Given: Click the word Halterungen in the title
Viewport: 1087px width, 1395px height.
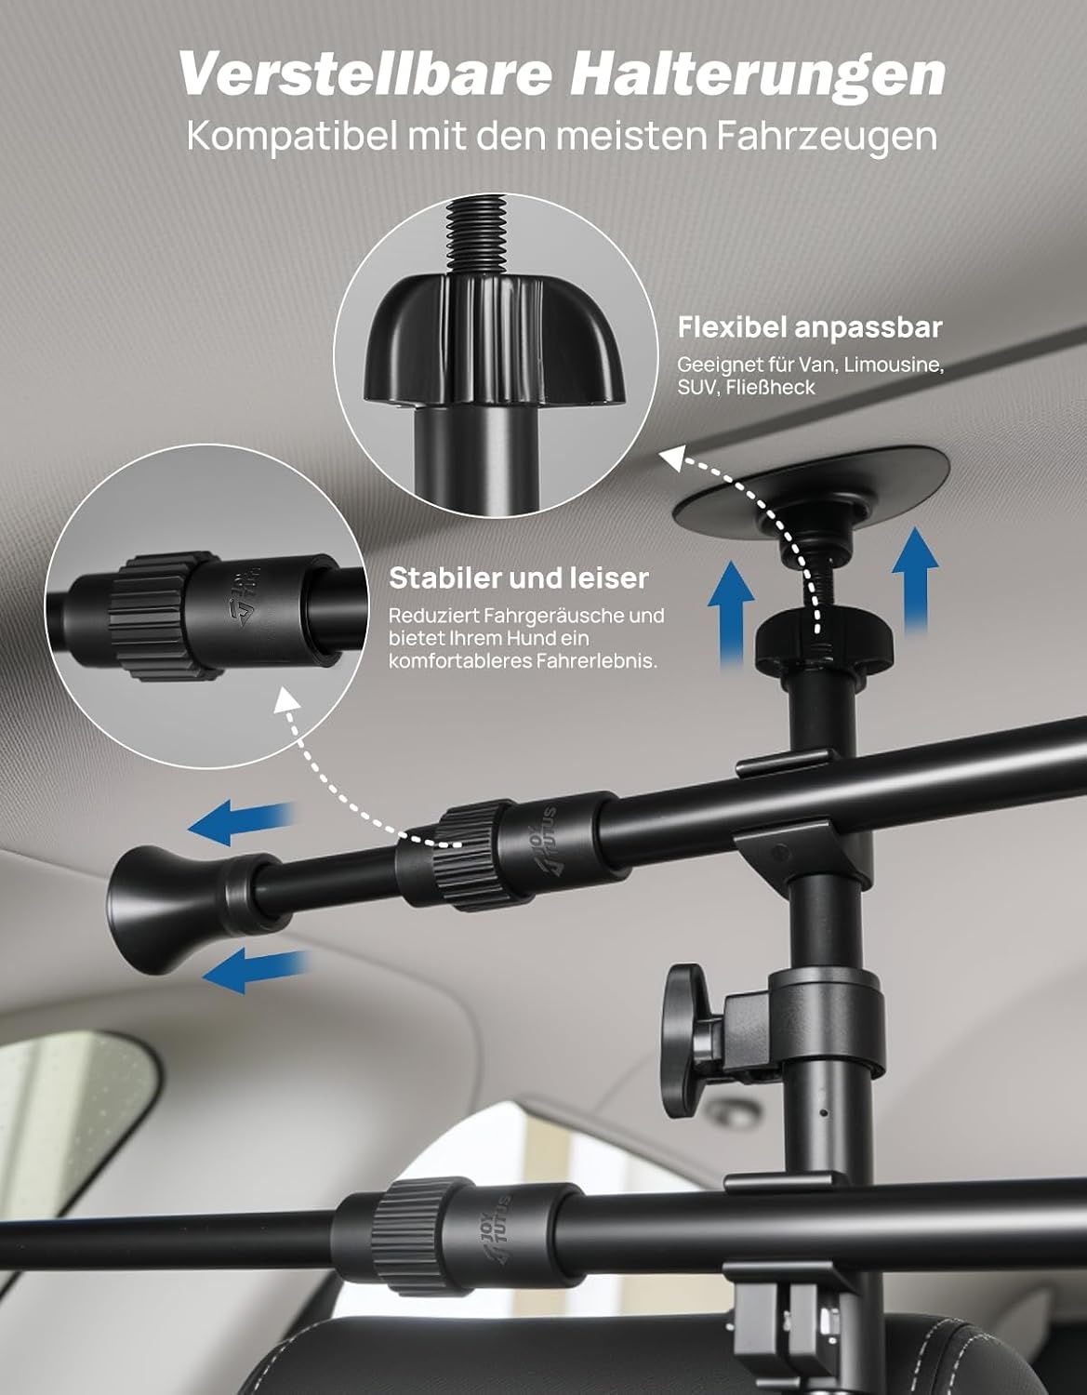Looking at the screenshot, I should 758,74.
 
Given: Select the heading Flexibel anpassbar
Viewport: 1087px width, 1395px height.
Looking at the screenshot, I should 810,327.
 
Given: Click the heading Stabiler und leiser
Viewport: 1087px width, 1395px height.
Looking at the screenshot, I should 518,578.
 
